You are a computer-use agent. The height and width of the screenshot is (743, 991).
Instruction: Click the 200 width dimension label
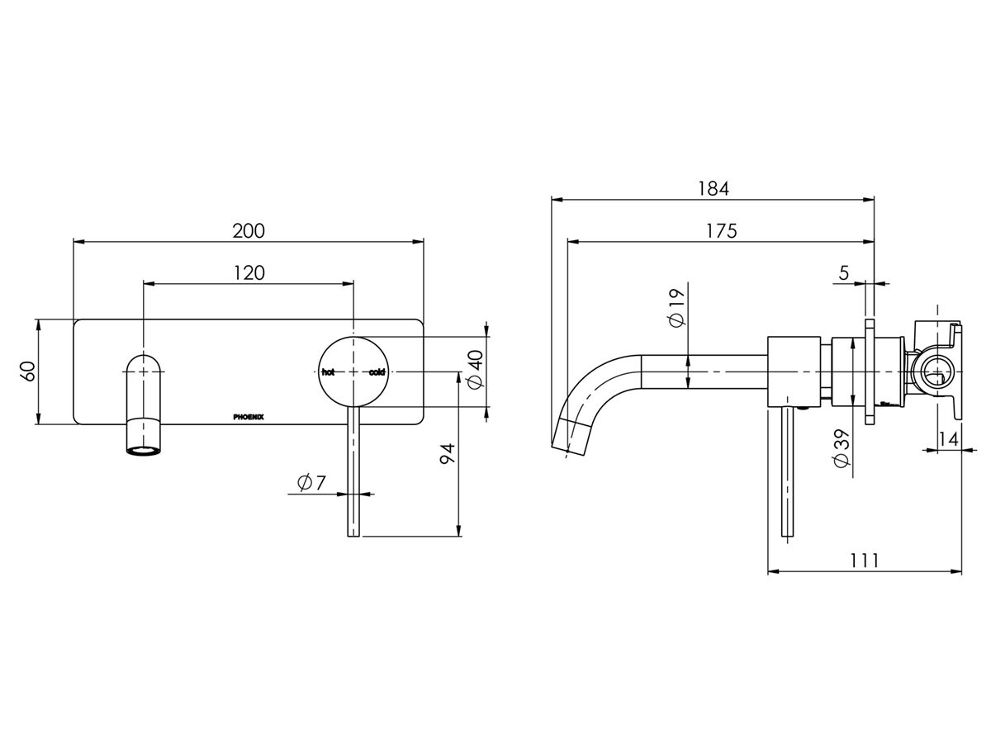point(249,230)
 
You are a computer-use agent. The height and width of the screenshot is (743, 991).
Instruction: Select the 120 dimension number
point(249,272)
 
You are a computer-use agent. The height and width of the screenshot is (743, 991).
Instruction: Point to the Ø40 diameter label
point(474,372)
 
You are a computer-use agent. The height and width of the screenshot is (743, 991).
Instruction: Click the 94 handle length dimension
point(447,455)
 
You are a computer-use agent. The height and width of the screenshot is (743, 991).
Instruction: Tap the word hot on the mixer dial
point(329,372)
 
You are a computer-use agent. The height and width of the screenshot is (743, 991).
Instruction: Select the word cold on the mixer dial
point(377,372)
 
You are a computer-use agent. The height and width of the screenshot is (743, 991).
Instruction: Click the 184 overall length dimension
point(713,188)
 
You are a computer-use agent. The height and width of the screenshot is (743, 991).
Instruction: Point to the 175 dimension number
point(721,231)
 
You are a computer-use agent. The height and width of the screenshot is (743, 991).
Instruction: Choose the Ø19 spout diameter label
point(677,309)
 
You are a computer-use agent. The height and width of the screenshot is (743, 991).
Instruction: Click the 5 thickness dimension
point(843,273)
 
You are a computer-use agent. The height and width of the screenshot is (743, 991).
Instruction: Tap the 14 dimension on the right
point(949,439)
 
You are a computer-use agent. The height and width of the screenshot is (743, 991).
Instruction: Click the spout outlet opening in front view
point(145,450)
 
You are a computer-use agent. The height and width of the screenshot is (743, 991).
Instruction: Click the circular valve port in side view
point(935,372)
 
